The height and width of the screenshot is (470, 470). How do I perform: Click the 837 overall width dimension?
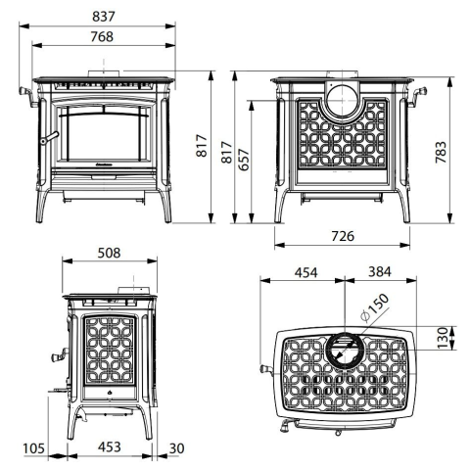pyautogui.click(x=104, y=17)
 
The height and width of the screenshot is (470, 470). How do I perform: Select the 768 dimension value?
pyautogui.click(x=102, y=36)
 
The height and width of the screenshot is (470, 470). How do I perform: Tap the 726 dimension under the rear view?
pyautogui.click(x=343, y=236)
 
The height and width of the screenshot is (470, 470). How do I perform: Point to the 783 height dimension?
pyautogui.click(x=441, y=152)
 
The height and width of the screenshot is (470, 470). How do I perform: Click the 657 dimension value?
pyautogui.click(x=244, y=160)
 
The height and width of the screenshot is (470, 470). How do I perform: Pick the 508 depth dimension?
pyautogui.click(x=109, y=253)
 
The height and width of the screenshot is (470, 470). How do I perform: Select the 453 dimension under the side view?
pyautogui.click(x=110, y=446)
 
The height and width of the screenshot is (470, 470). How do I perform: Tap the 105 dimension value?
pyautogui.click(x=33, y=448)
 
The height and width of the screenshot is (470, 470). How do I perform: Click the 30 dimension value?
pyautogui.click(x=176, y=448)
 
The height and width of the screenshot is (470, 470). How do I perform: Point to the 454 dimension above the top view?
pyautogui.click(x=305, y=272)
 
